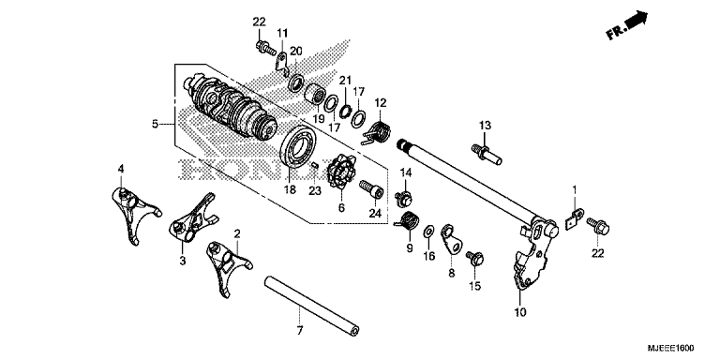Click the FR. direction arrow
(x=629, y=26)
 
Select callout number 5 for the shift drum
(x=156, y=123)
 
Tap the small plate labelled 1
(x=575, y=217)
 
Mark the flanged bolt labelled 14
(x=406, y=197)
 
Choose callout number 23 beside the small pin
(x=315, y=190)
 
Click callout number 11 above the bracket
(x=282, y=34)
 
